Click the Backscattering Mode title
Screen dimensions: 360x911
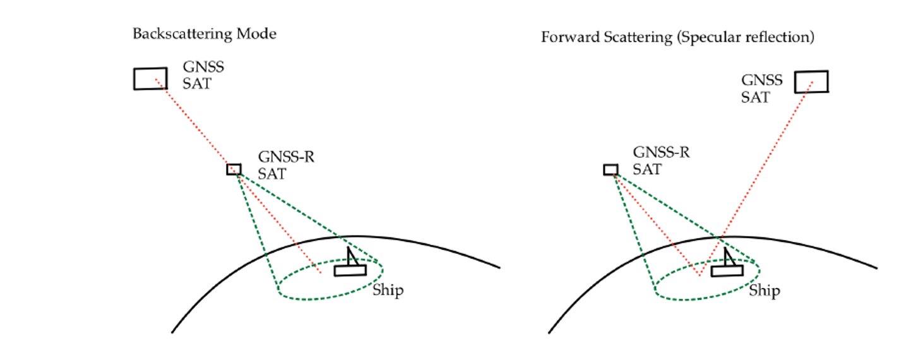pyautogui.click(x=204, y=34)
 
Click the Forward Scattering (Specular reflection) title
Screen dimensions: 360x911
pyautogui.click(x=677, y=37)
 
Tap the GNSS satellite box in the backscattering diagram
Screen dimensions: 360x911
pyautogui.click(x=150, y=78)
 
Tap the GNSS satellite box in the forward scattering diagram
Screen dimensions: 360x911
pyautogui.click(x=811, y=81)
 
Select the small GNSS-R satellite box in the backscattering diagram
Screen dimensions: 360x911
pyautogui.click(x=234, y=169)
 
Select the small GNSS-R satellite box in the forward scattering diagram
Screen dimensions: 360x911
pyautogui.click(x=610, y=169)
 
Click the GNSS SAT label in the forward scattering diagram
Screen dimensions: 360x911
pyautogui.click(x=761, y=89)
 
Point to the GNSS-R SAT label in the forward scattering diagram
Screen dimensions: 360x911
pyautogui.click(x=661, y=162)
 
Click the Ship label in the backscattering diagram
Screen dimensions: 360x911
pyautogui.click(x=387, y=291)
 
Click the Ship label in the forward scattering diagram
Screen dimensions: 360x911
pyautogui.click(x=765, y=291)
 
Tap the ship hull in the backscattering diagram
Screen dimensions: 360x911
pyautogui.click(x=350, y=270)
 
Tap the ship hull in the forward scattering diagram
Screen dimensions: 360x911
pyautogui.click(x=727, y=270)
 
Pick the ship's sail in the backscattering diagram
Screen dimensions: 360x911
pyautogui.click(x=352, y=256)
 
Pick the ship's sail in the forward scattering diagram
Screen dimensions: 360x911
pyautogui.click(x=728, y=256)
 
